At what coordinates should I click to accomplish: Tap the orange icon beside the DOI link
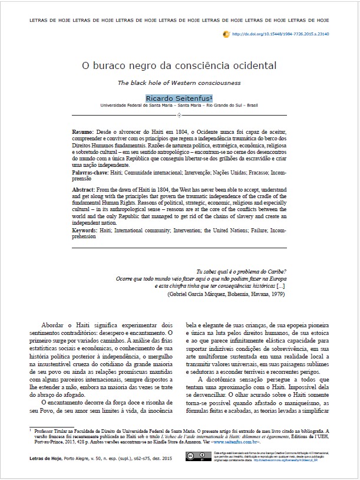(x=227, y=35)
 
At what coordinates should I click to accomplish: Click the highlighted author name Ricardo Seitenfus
(x=179, y=97)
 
